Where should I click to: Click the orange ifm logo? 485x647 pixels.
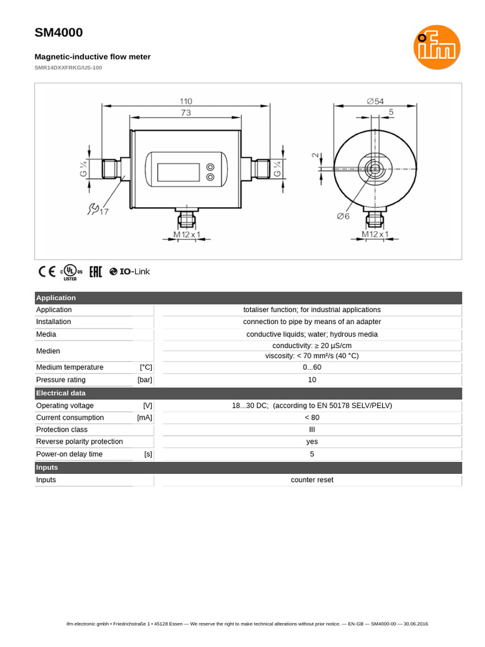point(437,47)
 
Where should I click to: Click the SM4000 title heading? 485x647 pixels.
point(59,33)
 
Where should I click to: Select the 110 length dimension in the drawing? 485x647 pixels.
point(186,101)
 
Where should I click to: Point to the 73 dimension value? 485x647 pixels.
point(186,112)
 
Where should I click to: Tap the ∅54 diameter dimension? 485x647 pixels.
point(375,101)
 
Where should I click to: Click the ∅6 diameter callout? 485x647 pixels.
point(343,216)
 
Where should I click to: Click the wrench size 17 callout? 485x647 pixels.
point(99,210)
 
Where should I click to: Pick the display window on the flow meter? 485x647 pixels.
point(178,172)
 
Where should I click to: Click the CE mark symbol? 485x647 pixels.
point(47,272)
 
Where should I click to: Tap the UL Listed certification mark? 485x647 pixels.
point(71,272)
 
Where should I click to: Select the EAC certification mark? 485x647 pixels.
point(95,272)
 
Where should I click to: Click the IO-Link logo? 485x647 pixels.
point(129,272)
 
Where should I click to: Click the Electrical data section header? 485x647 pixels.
point(61,393)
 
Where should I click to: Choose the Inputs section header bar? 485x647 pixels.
point(47,468)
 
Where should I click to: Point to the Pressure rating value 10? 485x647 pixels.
point(312,380)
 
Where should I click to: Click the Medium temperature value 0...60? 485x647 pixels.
point(312,367)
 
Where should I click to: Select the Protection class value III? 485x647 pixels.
point(312,430)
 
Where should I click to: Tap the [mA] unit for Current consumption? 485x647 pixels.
point(145,418)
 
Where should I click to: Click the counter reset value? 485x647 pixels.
point(312,480)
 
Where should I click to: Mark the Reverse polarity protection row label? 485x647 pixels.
point(80,442)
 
